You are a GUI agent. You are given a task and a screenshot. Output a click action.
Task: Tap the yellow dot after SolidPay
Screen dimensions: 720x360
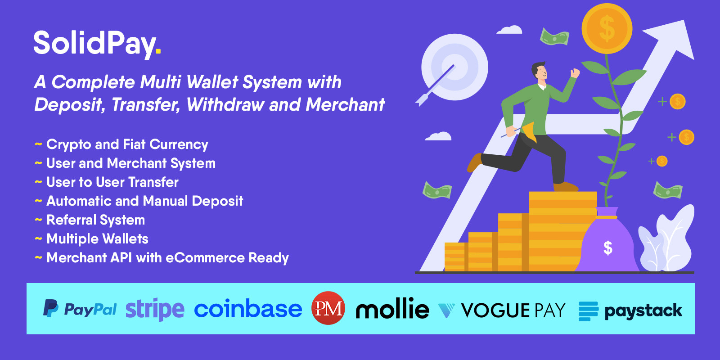[x=158, y=50]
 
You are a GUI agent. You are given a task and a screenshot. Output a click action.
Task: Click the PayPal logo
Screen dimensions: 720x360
[x=80, y=309]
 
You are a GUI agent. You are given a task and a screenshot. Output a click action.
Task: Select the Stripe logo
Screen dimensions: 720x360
[x=155, y=309]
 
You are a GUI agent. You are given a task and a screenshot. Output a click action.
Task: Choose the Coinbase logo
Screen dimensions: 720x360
[x=248, y=309]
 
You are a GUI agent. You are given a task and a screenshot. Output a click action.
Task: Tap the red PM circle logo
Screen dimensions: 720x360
[x=328, y=308]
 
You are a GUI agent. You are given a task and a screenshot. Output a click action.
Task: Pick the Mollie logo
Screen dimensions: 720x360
[x=392, y=308]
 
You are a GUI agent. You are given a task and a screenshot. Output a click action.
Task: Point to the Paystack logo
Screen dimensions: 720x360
[x=630, y=311]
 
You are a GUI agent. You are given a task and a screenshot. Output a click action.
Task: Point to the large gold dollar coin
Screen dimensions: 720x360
[x=607, y=29]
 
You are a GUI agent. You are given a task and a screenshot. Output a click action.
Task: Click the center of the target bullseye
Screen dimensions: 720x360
[x=454, y=67]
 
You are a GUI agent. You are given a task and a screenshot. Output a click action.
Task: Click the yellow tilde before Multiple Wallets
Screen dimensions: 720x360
[x=38, y=239]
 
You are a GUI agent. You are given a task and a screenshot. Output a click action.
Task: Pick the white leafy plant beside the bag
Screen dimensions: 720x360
[x=666, y=239]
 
